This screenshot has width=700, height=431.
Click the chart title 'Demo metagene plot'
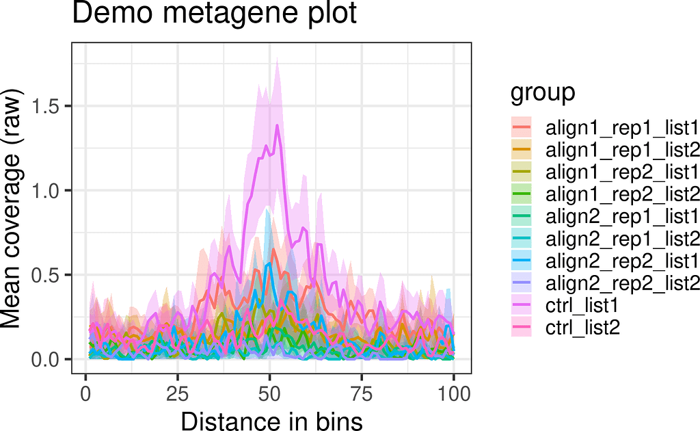click(215, 14)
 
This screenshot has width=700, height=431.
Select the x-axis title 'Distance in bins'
click(271, 419)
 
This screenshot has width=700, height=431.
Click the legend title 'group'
click(543, 93)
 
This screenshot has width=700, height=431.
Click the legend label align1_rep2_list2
click(621, 194)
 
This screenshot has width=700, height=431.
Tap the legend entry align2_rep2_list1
click(621, 261)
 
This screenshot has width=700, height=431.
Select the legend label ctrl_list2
click(582, 328)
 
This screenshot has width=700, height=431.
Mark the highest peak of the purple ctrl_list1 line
click(277, 125)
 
